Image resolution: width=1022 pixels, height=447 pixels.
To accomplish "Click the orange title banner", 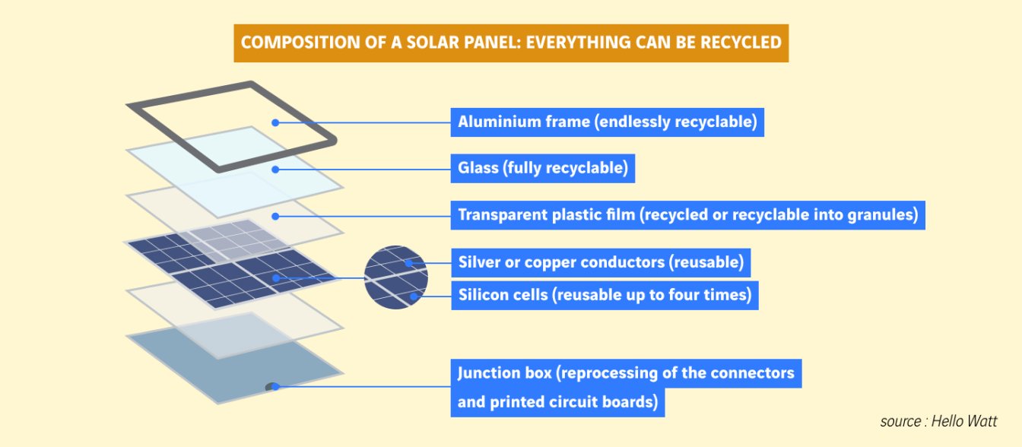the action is pyautogui.click(x=511, y=43).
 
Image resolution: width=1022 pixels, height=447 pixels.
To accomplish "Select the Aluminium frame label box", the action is pyautogui.click(x=608, y=122).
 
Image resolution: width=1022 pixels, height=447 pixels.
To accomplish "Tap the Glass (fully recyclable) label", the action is pyautogui.click(x=542, y=168).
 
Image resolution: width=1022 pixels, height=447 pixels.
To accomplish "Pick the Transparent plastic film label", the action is pyautogui.click(x=687, y=215).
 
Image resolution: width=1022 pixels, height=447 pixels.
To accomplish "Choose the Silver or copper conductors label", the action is pyautogui.click(x=601, y=262).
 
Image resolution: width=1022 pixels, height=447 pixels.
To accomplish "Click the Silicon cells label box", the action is pyautogui.click(x=605, y=295).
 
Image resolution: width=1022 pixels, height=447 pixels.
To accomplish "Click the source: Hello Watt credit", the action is pyautogui.click(x=938, y=421).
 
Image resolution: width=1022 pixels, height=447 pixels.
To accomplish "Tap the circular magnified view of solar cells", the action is pyautogui.click(x=396, y=277).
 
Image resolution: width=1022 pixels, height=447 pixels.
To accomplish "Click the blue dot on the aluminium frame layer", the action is pyautogui.click(x=275, y=122).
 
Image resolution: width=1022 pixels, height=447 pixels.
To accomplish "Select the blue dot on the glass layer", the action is pyautogui.click(x=275, y=170).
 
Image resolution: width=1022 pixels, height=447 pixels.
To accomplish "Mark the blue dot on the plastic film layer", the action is pyautogui.click(x=275, y=216).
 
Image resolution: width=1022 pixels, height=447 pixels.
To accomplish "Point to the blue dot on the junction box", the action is pyautogui.click(x=275, y=387).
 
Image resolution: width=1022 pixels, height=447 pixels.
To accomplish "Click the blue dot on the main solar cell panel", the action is pyautogui.click(x=275, y=277).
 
